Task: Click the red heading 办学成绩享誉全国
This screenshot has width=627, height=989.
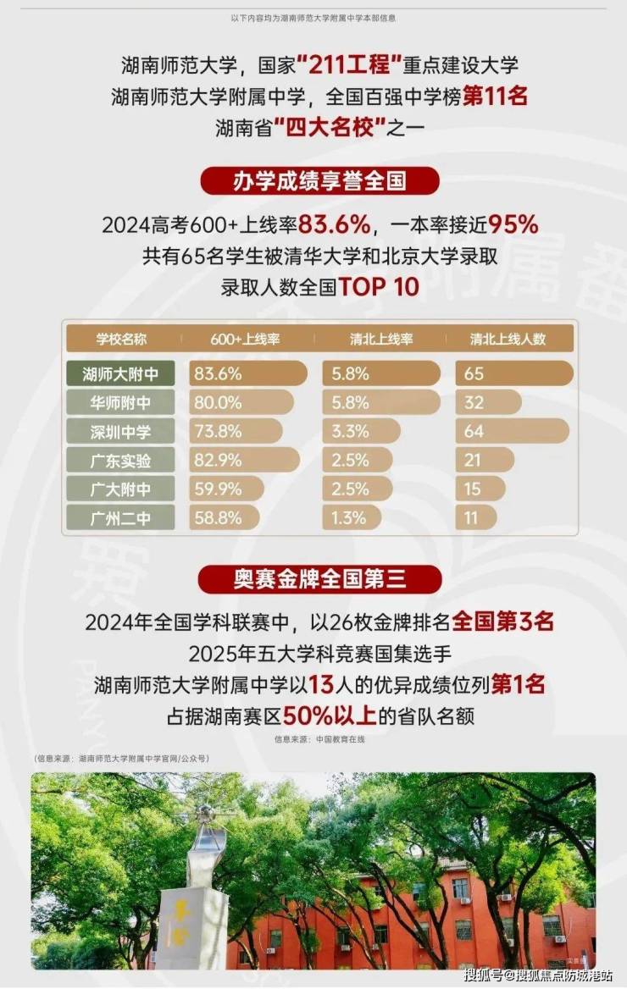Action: [x=319, y=181]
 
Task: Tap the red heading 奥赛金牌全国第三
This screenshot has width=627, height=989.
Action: [x=319, y=579]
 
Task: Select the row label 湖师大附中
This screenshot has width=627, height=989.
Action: [x=120, y=373]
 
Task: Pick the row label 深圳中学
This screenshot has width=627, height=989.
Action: [x=120, y=431]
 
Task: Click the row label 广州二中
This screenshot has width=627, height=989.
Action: [x=120, y=517]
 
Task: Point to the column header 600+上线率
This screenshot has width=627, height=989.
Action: [x=246, y=339]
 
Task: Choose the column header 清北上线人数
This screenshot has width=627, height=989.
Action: [x=508, y=339]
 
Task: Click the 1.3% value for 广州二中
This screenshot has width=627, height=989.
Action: [x=349, y=517]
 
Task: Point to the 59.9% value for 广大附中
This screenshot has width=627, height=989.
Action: [x=219, y=489]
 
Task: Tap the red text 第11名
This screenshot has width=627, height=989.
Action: [x=496, y=97]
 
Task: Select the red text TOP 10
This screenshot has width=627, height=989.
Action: [x=379, y=286]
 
